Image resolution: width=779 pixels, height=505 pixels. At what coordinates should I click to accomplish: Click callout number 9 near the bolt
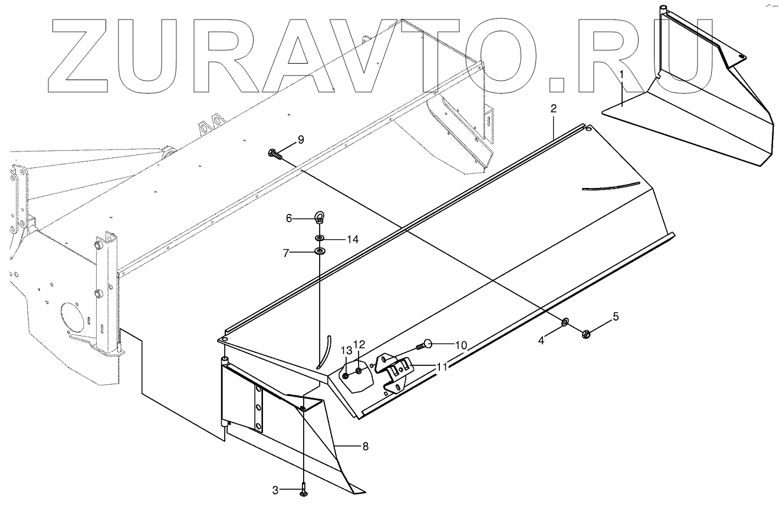click(300, 140)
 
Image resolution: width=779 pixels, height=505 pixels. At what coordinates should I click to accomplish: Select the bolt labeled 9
click(274, 153)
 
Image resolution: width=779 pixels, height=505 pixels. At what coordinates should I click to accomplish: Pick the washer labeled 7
click(320, 252)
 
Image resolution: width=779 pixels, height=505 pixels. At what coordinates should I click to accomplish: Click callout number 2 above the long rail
click(553, 108)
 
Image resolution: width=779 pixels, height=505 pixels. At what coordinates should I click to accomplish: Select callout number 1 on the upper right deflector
click(620, 75)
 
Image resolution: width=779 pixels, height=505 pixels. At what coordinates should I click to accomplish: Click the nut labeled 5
click(586, 334)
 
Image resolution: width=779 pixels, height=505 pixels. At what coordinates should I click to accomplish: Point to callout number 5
click(616, 316)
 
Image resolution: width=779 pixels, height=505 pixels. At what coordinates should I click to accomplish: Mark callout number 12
click(359, 344)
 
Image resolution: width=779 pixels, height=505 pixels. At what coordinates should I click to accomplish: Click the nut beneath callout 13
click(346, 374)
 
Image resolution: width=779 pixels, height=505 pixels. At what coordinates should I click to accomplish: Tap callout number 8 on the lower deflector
click(365, 446)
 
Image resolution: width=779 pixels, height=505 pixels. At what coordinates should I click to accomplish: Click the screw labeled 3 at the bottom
click(303, 490)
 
